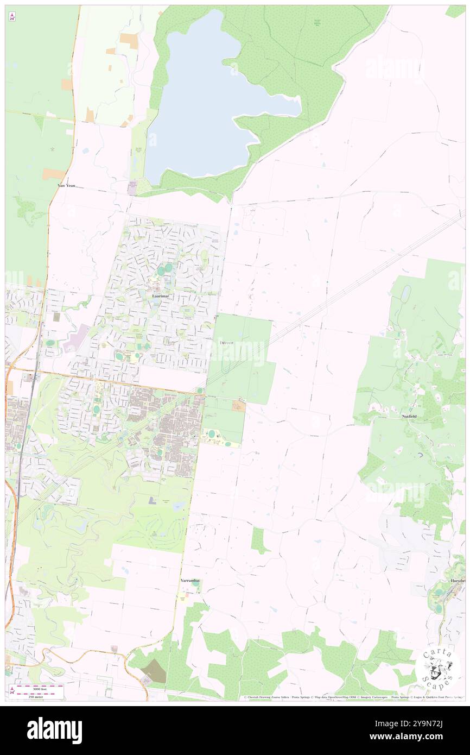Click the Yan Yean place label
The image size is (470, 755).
tap(66, 185)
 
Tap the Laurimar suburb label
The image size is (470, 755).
tap(160, 296)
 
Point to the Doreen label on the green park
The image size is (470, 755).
tap(227, 343)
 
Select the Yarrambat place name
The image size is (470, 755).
tap(190, 581)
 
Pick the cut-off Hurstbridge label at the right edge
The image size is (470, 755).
tap(457, 581)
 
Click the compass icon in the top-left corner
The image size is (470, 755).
tap(12, 17)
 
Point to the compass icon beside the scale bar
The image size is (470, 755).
tap(12, 691)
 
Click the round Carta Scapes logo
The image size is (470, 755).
tap(438, 670)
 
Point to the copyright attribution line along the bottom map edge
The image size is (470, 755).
tap(353, 697)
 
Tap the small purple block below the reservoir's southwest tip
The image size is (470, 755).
tap(132, 188)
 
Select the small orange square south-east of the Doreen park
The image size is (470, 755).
tap(239, 406)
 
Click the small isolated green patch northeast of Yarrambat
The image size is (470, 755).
tap(259, 539)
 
